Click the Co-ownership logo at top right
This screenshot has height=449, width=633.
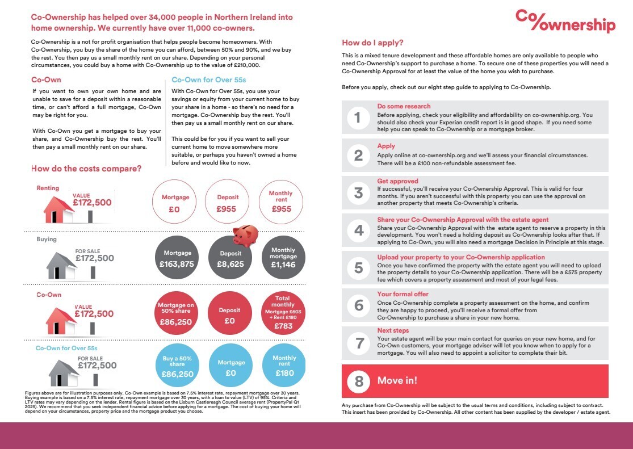click(x=565, y=22)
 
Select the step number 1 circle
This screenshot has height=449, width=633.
click(x=358, y=118)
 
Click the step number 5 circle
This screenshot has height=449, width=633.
click(x=358, y=267)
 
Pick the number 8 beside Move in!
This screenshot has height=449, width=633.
click(x=359, y=381)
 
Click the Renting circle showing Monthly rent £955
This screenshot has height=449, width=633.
click(x=280, y=201)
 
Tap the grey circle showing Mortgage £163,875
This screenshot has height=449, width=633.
click(x=177, y=258)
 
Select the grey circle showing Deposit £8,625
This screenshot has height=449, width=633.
click(x=230, y=258)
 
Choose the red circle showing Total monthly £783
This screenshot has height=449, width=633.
click(x=283, y=314)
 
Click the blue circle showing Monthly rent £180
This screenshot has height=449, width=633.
click(x=284, y=366)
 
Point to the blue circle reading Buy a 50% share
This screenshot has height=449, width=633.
click(x=177, y=366)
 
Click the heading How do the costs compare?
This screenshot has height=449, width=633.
click(x=86, y=169)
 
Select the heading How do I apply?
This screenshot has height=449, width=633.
click(x=372, y=43)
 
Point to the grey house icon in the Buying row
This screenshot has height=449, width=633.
click(x=60, y=266)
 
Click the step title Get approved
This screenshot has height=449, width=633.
click(x=397, y=181)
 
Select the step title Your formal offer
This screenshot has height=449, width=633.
click(x=403, y=294)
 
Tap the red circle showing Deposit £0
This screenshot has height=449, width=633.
click(x=229, y=314)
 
